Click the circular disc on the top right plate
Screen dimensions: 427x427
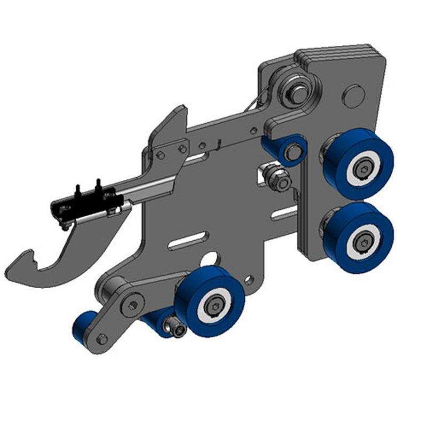pyautogui.click(x=354, y=97)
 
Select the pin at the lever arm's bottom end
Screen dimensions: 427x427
pyautogui.click(x=102, y=338)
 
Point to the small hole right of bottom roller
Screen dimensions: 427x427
pyautogui.click(x=248, y=278)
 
